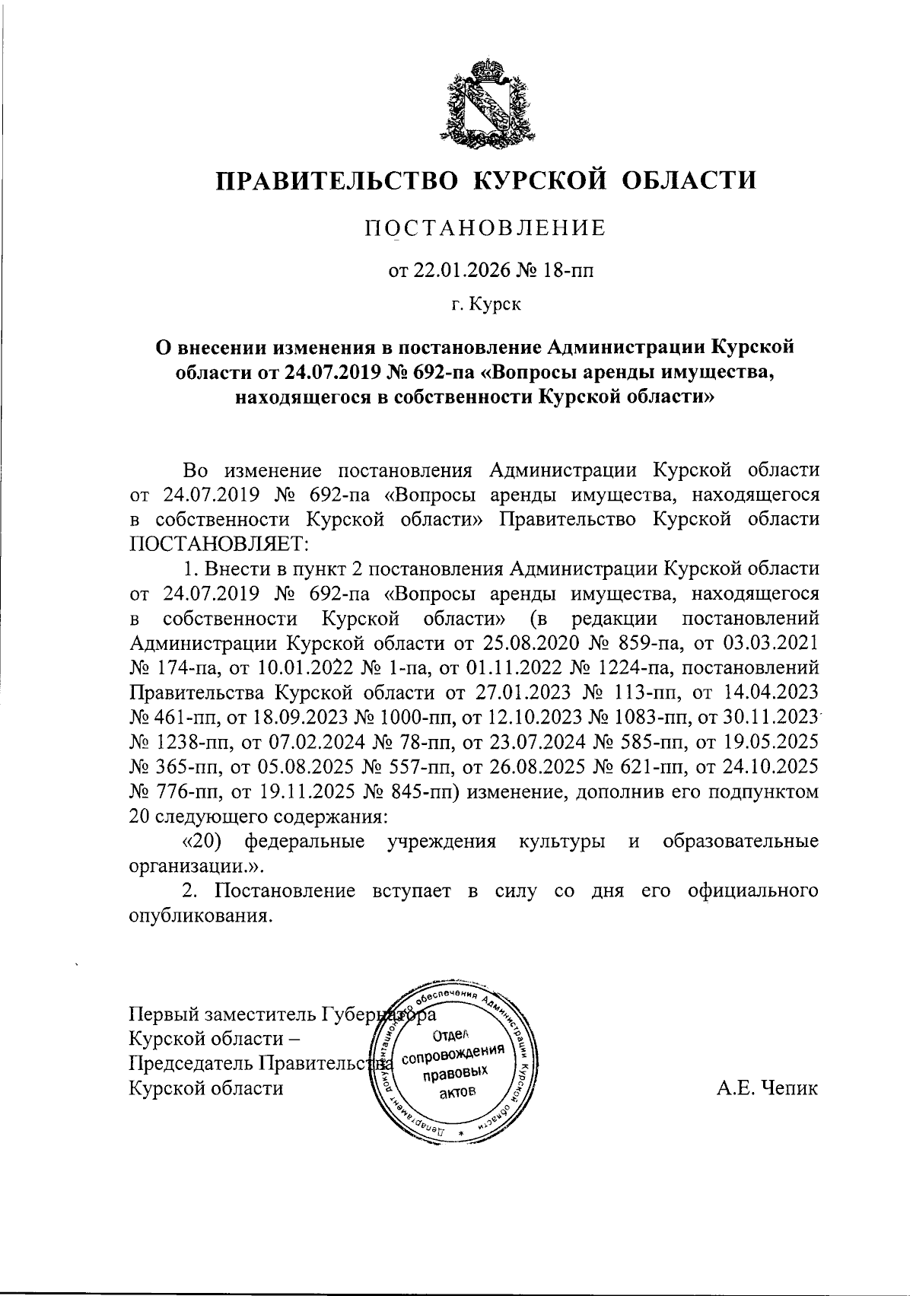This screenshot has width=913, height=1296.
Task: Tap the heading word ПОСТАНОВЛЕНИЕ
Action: point(486,228)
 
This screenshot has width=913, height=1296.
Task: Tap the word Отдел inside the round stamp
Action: point(453,1034)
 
